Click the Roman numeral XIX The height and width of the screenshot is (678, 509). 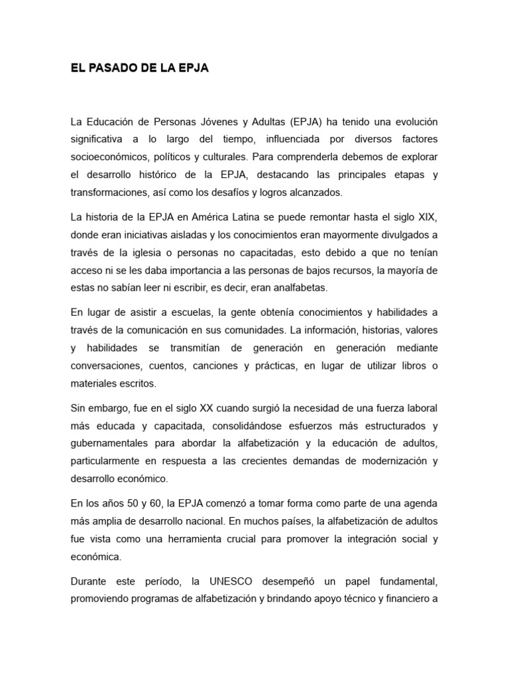[x=427, y=217]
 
